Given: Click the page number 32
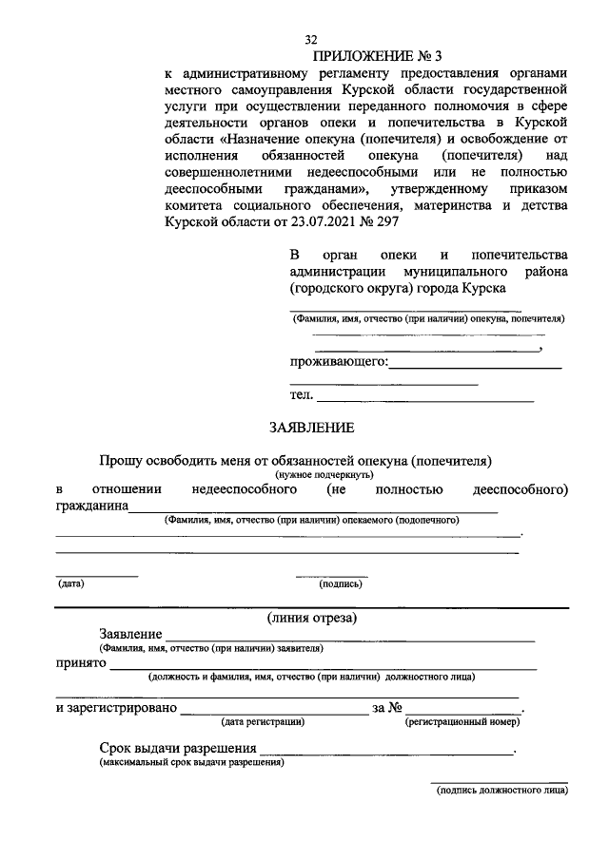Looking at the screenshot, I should click(x=310, y=40).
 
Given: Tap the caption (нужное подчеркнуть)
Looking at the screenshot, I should click(x=324, y=473).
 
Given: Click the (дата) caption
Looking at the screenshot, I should click(x=70, y=583).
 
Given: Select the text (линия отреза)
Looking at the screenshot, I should click(x=312, y=619).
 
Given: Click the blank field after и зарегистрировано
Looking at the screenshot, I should click(x=273, y=708).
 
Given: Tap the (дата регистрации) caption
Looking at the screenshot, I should click(x=263, y=722).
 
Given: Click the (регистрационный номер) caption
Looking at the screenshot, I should click(x=462, y=722).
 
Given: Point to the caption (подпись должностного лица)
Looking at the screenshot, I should click(x=501, y=791).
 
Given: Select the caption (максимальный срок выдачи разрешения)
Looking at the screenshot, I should click(x=190, y=762).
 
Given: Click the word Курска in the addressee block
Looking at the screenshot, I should click(x=484, y=287).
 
